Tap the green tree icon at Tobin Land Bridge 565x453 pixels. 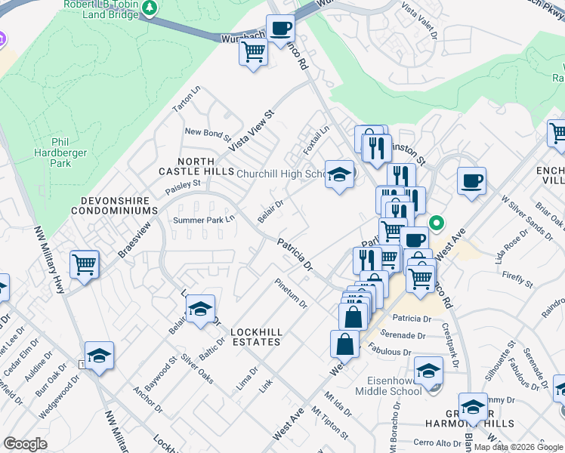(150, 8)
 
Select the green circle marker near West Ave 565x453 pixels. (435, 223)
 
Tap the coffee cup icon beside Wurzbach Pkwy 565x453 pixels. (281, 29)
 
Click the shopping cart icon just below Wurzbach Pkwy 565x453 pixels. (252, 53)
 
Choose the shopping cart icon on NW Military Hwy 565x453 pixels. (84, 264)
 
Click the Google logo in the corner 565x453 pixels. (25, 444)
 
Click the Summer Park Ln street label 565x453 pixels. (205, 220)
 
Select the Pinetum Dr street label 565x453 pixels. (292, 294)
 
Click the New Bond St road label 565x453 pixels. (208, 134)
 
